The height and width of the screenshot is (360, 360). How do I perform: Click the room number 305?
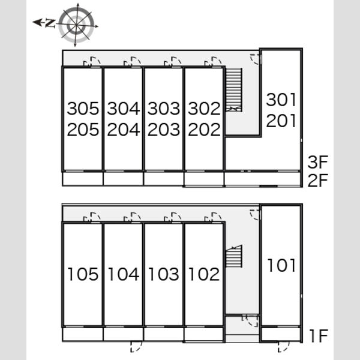click(x=83, y=109)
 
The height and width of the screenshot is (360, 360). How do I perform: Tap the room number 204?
click(x=124, y=130)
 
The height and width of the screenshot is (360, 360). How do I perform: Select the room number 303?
click(x=164, y=109)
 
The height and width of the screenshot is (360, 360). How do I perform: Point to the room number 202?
click(x=204, y=130)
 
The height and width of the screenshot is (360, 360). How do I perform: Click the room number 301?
click(x=281, y=100)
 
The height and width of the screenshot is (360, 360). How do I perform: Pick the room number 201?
click(x=281, y=121)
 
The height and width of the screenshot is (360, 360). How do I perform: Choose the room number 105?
click(x=83, y=274)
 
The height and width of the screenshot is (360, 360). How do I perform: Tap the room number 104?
click(x=124, y=274)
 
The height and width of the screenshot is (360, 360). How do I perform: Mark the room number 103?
click(x=164, y=274)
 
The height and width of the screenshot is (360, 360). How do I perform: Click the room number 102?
click(x=204, y=274)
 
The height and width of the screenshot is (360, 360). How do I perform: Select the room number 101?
click(x=281, y=265)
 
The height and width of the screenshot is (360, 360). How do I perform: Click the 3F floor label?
click(x=318, y=162)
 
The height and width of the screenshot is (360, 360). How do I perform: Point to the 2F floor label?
click(x=318, y=180)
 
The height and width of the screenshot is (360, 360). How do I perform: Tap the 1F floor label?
click(x=319, y=336)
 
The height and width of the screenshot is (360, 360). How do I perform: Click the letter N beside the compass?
click(x=50, y=23)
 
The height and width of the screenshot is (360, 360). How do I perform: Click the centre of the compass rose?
click(x=76, y=25)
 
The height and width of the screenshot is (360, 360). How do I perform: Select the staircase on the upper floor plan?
click(x=234, y=90)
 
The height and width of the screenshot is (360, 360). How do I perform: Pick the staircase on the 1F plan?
click(x=234, y=256)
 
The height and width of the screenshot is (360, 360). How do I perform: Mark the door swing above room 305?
click(x=92, y=62)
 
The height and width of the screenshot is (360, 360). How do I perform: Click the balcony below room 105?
click(x=83, y=334)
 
